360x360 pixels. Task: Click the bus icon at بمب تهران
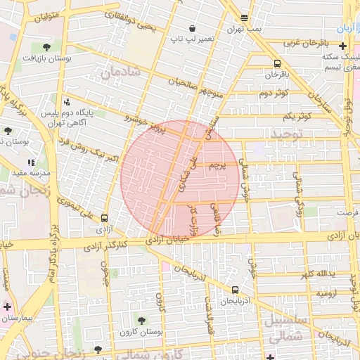click(x=244, y=18)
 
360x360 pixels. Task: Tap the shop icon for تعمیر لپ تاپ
click(x=172, y=27)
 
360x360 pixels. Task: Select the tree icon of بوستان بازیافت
click(x=46, y=47)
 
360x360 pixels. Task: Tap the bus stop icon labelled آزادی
click(x=104, y=218)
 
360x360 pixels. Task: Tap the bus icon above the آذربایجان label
click(x=234, y=288)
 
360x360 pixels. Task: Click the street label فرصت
click(x=346, y=212)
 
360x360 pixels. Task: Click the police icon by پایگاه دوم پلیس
click(x=66, y=101)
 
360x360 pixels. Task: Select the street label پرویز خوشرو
click(x=148, y=124)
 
